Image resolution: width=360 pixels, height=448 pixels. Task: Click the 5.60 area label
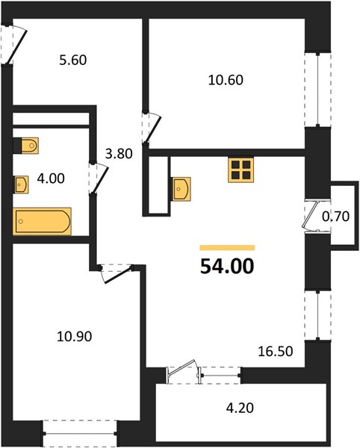pos(73,60)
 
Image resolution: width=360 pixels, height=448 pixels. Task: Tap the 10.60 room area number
pos(226,80)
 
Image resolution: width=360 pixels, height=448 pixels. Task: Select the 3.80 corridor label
pos(119,154)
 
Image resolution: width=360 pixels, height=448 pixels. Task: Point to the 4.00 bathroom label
pos(51,178)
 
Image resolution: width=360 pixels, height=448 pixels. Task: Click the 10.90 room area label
pos(74,336)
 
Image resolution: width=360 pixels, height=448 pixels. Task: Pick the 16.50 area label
pos(276,351)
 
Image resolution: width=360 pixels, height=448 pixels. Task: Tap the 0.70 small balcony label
pos(335,217)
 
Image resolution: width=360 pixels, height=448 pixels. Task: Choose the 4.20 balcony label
pos(240,408)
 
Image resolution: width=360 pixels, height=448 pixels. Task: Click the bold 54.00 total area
pos(227,266)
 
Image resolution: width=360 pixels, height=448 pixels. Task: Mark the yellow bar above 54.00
pos(227,248)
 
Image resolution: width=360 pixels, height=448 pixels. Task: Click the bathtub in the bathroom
pos(42,222)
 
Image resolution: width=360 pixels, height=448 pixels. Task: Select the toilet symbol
pos(30,146)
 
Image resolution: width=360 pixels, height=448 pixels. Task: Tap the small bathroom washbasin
pos(22,184)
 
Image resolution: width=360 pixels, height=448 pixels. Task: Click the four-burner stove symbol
pos(240,169)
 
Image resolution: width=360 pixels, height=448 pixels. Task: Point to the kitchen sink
pos(181,189)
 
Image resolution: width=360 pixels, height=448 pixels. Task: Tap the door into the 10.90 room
pos(116,273)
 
